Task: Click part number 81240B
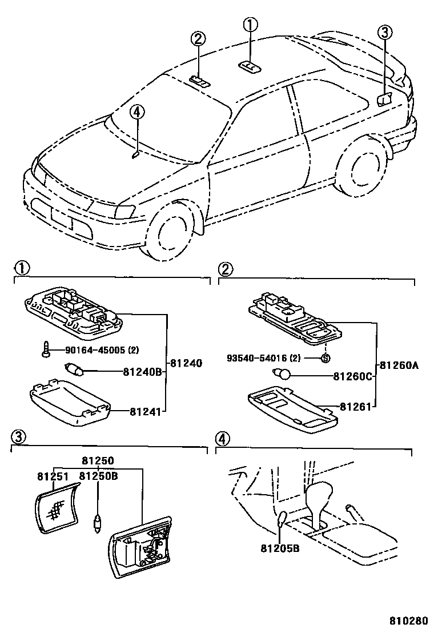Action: [x=143, y=372]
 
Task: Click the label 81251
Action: [x=53, y=476]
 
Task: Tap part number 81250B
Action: [x=98, y=476]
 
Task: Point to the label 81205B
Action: [x=279, y=547]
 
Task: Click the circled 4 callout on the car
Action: [x=136, y=112]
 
